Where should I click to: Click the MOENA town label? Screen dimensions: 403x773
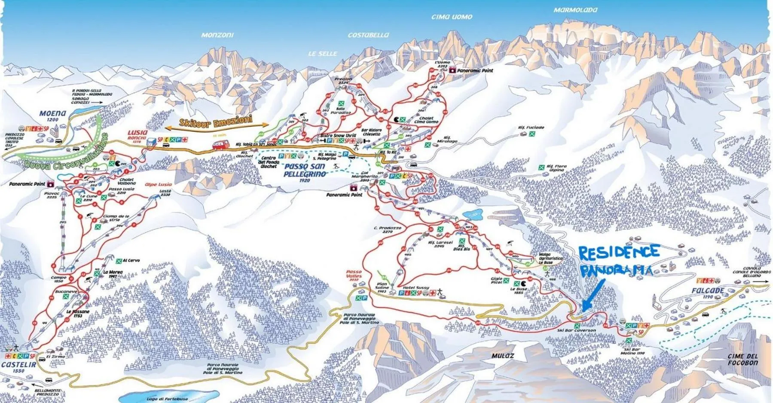click(52, 114)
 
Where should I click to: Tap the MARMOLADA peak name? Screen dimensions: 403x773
click(575, 10)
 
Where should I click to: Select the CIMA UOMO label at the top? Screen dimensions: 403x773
click(452, 17)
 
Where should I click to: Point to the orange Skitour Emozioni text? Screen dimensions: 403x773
click(216, 121)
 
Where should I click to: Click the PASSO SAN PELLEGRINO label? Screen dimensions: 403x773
click(304, 170)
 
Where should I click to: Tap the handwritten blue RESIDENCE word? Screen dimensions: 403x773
click(619, 252)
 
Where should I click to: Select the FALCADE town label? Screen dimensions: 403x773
click(707, 291)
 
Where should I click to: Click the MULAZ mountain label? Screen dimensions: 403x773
click(503, 356)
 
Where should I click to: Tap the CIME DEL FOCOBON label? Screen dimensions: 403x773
click(742, 360)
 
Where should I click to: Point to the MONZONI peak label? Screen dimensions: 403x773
click(217, 35)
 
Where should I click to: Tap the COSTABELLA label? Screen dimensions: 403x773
click(368, 35)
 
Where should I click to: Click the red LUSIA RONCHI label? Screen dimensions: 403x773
click(137, 135)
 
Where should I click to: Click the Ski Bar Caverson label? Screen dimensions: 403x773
click(582, 330)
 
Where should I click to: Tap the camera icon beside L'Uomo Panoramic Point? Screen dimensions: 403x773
click(452, 70)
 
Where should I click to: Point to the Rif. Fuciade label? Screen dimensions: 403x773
click(531, 127)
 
